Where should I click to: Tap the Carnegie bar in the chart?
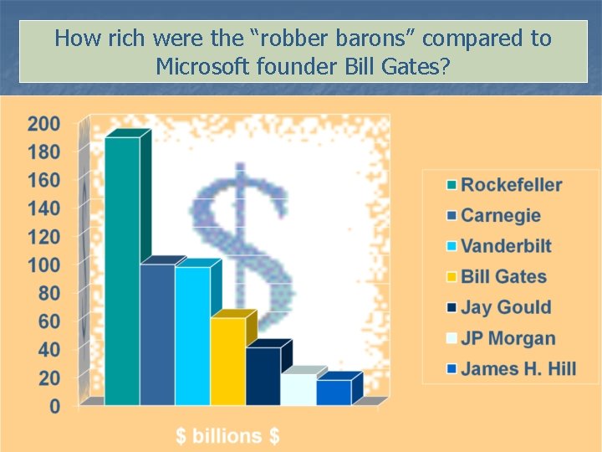coord(157,334)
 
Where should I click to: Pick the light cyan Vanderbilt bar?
coord(192,336)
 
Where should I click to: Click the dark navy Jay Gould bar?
coord(263,376)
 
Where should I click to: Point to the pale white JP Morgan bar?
coord(298,389)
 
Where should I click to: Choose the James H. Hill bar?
coord(333,393)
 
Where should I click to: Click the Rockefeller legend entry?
coord(511,185)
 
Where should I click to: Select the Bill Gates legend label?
coord(503,276)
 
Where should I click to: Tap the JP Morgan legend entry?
coord(508,338)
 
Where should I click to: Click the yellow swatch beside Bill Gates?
coord(451,277)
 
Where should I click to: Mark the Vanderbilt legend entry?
coord(506,246)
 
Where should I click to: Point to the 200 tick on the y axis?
coord(43,124)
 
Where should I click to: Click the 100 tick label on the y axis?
coord(43,265)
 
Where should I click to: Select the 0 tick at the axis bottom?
coord(54,406)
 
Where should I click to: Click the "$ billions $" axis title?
coord(227,435)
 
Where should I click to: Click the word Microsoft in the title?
coord(202,65)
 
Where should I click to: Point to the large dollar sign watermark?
coord(242,243)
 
